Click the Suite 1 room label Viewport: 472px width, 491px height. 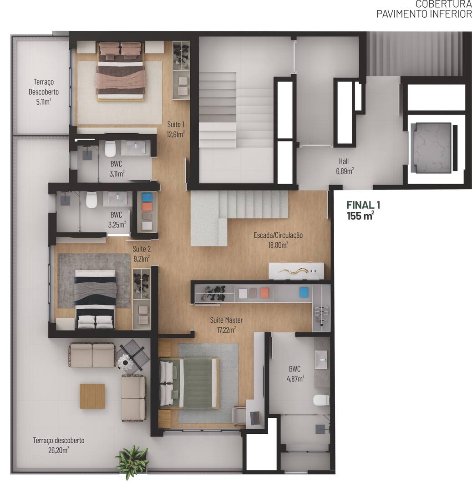(x=176, y=129)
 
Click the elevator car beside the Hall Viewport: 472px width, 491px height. (x=430, y=147)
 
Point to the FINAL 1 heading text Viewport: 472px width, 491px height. (x=363, y=205)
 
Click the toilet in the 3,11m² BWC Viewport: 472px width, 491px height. (x=110, y=149)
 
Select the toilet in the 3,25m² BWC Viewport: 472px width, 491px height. (x=92, y=200)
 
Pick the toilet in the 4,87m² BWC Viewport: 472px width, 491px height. (x=321, y=400)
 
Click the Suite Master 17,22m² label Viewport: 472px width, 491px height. (x=226, y=325)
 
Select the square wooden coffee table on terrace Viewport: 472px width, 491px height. (x=92, y=396)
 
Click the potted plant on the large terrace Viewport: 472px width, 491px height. (x=132, y=460)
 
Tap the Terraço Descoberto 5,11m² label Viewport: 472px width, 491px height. (x=43, y=91)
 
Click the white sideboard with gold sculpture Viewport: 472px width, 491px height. (x=296, y=271)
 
